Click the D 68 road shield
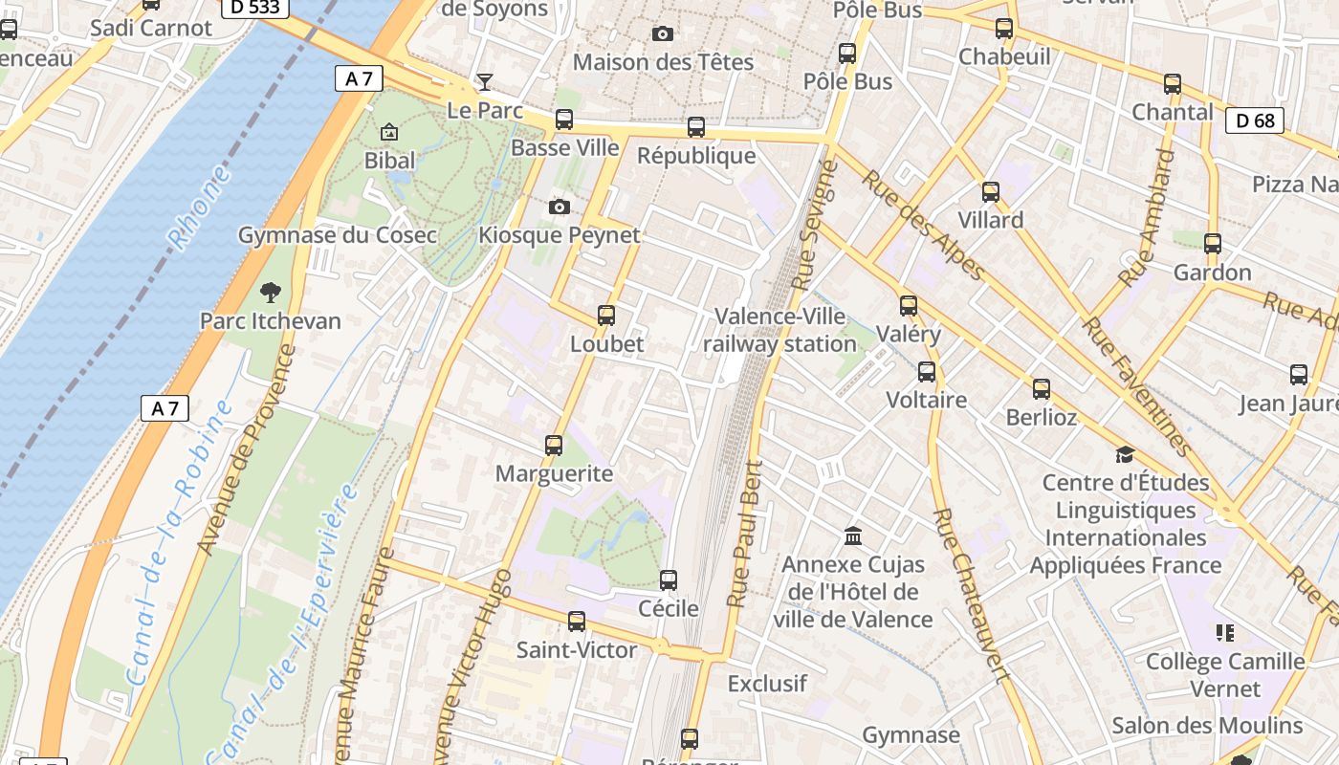[1254, 120]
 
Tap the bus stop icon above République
[696, 126]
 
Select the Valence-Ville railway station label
[779, 330]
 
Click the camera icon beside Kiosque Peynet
[560, 207]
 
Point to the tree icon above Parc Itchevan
[271, 292]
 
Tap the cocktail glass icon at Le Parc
[485, 81]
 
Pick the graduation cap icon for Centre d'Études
[1125, 454]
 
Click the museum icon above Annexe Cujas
[853, 535]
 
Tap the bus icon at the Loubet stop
[605, 315]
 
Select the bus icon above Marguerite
[553, 445]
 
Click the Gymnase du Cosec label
[337, 235]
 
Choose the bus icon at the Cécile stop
[669, 579]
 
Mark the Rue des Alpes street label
[922, 226]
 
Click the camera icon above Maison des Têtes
[662, 34]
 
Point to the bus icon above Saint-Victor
[576, 622]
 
